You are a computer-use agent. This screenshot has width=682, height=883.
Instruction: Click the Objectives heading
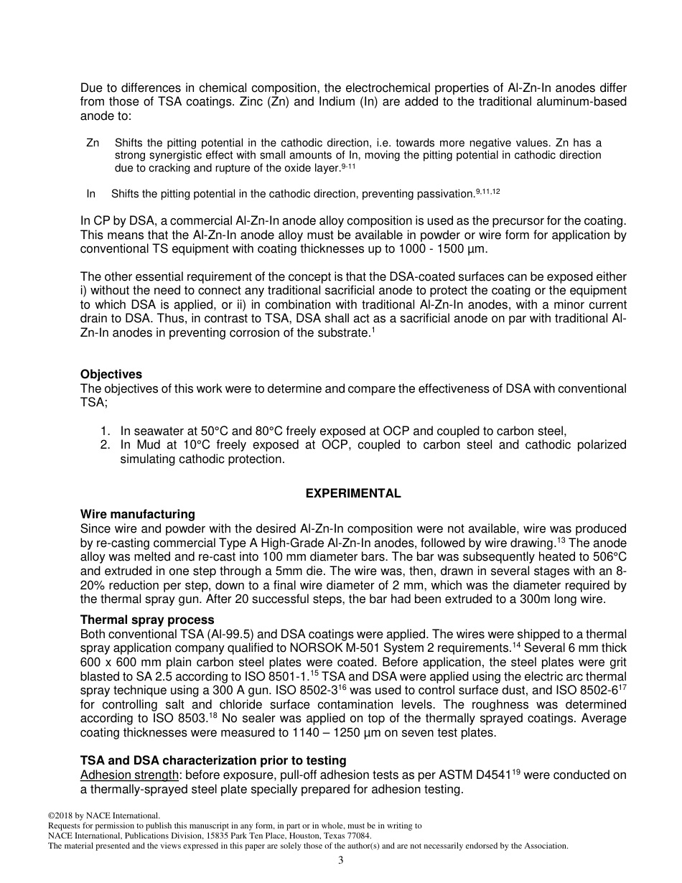111,375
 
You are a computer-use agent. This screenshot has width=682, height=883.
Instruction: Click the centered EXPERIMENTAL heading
353,494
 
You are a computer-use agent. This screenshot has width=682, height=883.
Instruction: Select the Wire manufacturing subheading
137,515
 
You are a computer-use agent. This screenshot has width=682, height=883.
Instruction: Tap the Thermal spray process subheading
146,620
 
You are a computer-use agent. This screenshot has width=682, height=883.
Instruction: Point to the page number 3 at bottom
341,861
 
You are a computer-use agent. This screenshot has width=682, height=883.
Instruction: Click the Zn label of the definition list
93,143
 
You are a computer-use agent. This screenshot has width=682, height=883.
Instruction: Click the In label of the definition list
90,194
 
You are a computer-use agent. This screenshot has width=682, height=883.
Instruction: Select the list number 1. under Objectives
106,431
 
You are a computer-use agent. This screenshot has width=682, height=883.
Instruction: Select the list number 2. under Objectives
106,445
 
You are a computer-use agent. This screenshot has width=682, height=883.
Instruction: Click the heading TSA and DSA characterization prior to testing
212,761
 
